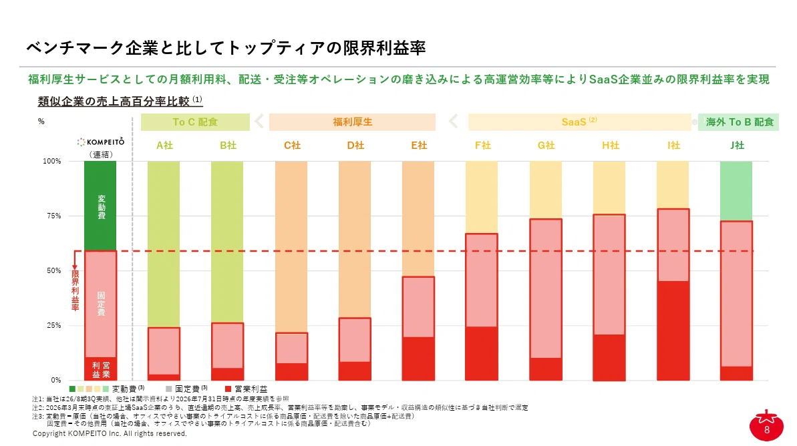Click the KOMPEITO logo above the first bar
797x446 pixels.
(101, 142)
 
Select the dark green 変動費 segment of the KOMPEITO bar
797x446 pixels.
(100, 206)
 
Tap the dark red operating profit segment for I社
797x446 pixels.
(673, 330)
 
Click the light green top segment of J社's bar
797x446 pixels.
(736, 191)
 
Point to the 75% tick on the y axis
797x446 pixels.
(54, 216)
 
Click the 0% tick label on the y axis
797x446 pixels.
(56, 380)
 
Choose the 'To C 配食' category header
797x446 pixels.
(195, 122)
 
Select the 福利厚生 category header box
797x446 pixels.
(352, 122)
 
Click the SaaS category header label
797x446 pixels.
(579, 122)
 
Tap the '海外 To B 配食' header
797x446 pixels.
(739, 122)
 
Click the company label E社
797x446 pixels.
(420, 146)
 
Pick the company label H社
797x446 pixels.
(610, 146)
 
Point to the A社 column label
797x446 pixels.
(165, 146)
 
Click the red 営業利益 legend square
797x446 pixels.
(228, 389)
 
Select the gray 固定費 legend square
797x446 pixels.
(169, 389)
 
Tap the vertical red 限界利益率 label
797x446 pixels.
(75, 290)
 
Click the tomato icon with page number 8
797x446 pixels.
(766, 426)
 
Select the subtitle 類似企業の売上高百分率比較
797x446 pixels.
(114, 101)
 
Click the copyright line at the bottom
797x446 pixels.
(110, 433)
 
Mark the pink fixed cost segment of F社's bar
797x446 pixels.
(482, 280)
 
